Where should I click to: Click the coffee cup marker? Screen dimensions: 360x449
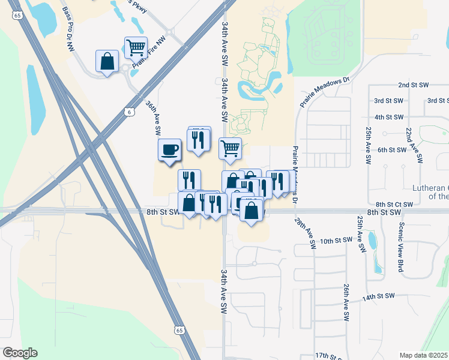[169, 149]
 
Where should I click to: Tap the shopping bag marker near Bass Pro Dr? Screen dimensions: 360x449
[107, 62]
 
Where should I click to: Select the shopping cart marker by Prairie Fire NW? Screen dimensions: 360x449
[136, 47]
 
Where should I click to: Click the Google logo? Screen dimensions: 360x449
[20, 353]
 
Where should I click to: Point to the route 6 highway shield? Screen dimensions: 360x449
[130, 112]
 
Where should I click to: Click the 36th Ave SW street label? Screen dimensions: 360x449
[154, 117]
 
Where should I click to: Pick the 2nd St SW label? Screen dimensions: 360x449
[411, 86]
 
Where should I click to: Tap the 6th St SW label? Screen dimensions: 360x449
[392, 149]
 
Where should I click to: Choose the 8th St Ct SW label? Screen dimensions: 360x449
[394, 205]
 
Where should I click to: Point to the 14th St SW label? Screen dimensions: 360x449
[378, 296]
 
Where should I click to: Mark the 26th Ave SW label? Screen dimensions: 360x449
[346, 302]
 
